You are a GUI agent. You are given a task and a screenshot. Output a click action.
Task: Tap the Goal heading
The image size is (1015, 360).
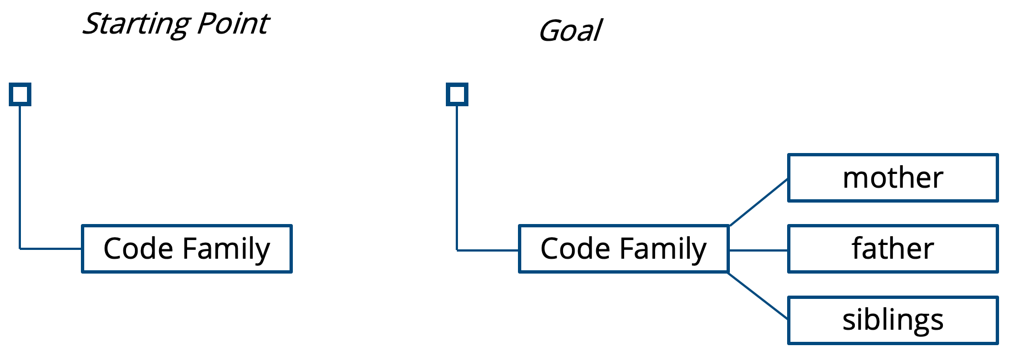coord(570,31)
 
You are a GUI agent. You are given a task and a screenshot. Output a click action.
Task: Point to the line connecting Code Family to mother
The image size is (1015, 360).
coord(758,202)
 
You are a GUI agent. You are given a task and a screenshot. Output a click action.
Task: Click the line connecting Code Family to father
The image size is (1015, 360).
coord(758,250)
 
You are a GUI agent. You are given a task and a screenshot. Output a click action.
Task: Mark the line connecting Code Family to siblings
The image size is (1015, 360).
coord(758,296)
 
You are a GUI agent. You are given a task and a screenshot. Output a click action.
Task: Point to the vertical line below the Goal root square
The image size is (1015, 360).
coord(457,177)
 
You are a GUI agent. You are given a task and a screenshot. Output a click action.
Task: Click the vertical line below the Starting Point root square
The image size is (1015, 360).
coord(20,177)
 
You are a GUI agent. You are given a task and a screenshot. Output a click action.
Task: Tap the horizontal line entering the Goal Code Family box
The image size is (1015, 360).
coord(488,250)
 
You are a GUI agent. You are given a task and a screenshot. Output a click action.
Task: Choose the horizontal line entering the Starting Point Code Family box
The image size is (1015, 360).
coord(51,249)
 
